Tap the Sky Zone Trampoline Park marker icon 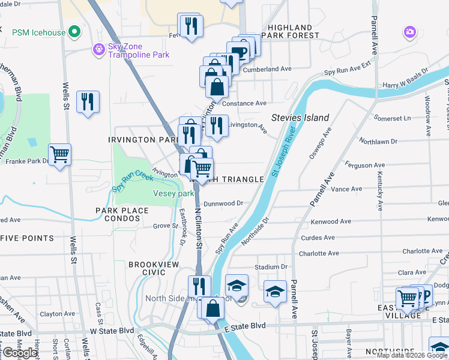click(x=98, y=49)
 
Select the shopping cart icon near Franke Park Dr click(x=59, y=155)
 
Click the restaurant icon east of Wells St click(x=88, y=101)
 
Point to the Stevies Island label click(x=300, y=118)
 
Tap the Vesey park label click(x=173, y=194)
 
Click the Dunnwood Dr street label click(x=223, y=203)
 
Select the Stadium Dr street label click(x=271, y=266)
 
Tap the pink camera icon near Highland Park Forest click(x=410, y=31)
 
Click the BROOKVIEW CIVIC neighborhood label click(x=146, y=268)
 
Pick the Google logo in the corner click(x=20, y=353)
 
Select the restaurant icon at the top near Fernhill click(x=191, y=25)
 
